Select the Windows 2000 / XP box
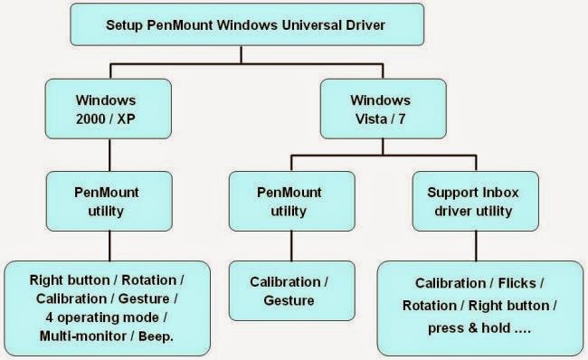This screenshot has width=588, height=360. tap(109, 109)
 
